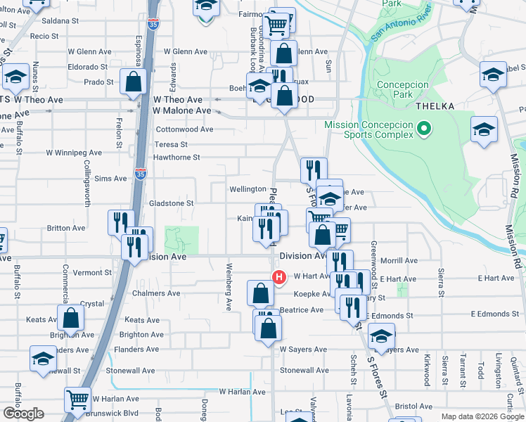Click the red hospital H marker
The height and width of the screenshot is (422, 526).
tap(279, 277)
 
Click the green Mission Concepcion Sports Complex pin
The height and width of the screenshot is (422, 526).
tap(423, 129)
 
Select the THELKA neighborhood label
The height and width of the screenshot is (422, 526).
tap(435, 105)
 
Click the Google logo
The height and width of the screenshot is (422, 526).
tap(23, 414)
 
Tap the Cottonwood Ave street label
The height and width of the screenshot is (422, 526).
tap(184, 129)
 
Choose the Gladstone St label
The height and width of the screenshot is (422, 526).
tap(171, 203)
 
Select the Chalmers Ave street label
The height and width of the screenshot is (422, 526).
tap(156, 293)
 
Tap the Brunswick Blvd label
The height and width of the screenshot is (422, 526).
tap(113, 414)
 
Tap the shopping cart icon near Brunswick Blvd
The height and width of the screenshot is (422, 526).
tap(77, 399)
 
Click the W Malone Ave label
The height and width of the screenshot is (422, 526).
tap(182, 110)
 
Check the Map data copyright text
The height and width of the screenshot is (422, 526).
tap(482, 416)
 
